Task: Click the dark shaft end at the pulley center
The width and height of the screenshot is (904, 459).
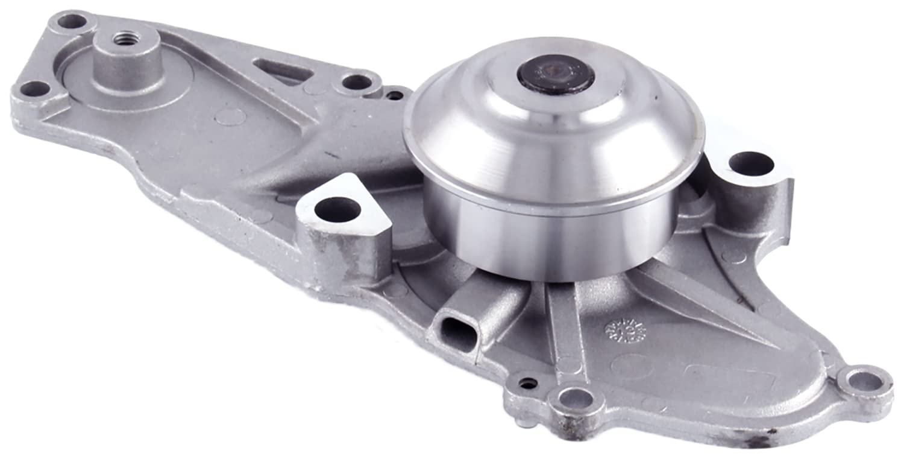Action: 555,74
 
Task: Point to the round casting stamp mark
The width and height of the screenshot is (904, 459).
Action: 624,330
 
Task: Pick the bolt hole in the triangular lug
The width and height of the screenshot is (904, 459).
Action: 337,209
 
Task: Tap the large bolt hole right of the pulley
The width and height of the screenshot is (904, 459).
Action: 750,163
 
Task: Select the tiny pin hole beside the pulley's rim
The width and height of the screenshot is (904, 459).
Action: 395,95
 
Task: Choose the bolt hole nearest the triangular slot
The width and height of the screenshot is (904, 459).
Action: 357,81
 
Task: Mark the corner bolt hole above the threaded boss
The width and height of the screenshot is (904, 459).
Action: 72,22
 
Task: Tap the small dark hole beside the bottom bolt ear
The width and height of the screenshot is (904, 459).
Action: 529,383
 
